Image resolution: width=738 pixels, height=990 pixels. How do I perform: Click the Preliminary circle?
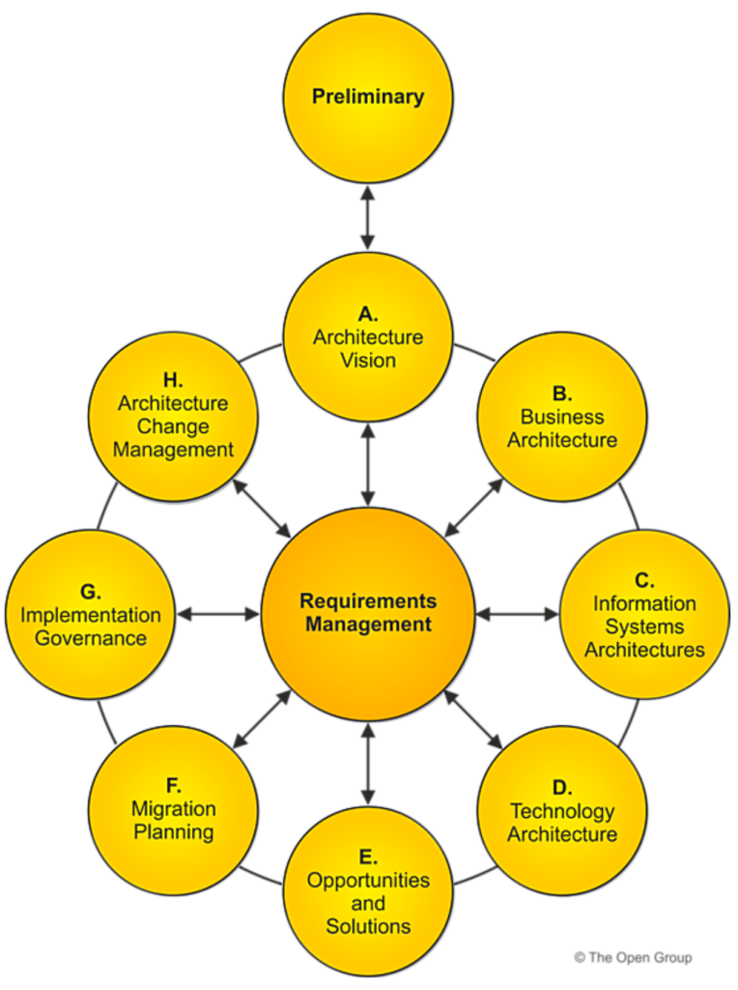368,98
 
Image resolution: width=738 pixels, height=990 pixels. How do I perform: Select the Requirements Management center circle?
368,614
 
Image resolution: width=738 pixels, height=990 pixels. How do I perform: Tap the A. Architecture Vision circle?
368,337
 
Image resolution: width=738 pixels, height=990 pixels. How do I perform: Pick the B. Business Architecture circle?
562,417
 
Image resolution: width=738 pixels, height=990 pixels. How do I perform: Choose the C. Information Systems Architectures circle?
644,614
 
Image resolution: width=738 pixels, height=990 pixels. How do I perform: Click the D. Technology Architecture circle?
562,811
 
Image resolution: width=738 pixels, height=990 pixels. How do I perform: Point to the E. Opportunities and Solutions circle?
368,892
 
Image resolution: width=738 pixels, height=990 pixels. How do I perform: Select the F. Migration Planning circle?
174,811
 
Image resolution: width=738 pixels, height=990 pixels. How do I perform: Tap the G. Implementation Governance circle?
91,614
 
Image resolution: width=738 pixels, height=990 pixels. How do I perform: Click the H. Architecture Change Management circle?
174,417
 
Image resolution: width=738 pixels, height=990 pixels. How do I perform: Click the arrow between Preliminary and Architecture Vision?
368,218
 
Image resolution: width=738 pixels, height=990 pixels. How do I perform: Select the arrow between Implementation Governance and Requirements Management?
218,614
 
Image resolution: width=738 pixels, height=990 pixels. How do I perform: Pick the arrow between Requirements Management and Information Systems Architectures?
517,614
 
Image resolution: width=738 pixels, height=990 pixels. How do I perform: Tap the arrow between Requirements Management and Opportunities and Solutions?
368,764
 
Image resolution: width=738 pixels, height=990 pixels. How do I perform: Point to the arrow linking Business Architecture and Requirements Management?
473,508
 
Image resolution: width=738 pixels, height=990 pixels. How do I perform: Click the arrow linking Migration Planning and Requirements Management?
262,719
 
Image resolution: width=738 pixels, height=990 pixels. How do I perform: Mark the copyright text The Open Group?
633,957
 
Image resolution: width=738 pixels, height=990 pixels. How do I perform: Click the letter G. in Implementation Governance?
91,592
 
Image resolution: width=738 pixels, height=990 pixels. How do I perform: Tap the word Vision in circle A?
368,361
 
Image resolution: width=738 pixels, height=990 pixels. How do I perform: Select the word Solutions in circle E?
368,926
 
